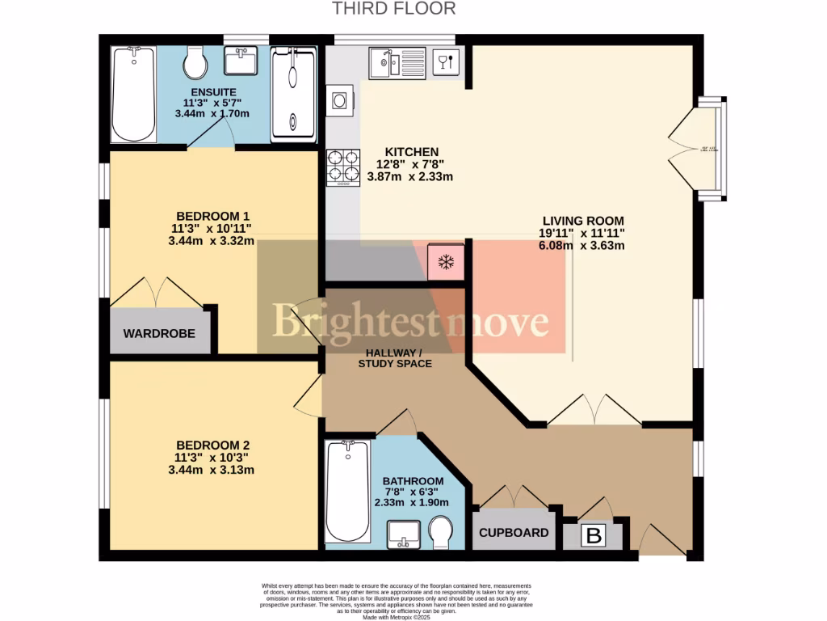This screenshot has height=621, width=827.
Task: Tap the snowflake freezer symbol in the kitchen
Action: tap(445, 261)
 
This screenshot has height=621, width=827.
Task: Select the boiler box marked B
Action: tap(594, 535)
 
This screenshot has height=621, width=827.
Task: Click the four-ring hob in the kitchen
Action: tap(343, 167)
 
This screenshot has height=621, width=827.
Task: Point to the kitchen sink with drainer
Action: tap(396, 62)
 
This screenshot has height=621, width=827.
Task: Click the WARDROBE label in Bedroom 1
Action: tap(159, 333)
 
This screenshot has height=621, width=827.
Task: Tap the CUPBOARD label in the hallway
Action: tap(514, 533)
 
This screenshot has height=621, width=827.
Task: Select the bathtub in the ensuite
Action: tap(133, 94)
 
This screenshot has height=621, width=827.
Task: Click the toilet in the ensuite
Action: tap(195, 61)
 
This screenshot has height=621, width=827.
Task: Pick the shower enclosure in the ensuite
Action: tap(293, 94)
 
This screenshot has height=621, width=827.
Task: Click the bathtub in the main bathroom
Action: tap(347, 492)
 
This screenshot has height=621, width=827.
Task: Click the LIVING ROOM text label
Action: tap(582, 221)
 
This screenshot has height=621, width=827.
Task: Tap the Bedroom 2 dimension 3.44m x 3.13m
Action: tap(211, 470)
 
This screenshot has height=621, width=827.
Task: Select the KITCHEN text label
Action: tap(411, 152)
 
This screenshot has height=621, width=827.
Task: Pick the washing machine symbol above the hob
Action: tap(340, 100)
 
